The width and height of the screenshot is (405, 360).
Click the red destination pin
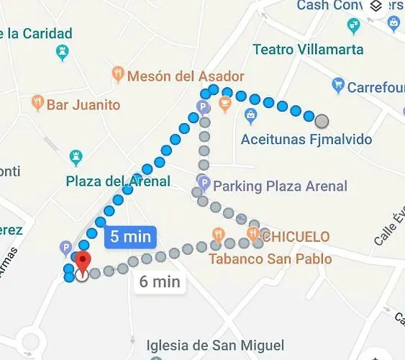click(x=83, y=263)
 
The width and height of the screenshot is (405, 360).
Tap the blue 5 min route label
click(x=130, y=237)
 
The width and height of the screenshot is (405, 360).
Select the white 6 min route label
click(x=159, y=282)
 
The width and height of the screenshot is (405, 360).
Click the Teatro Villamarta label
click(x=308, y=50)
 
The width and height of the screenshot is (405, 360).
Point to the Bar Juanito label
click(x=83, y=105)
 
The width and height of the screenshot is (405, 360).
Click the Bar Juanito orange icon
click(x=38, y=104)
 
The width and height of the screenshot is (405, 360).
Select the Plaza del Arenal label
click(x=118, y=181)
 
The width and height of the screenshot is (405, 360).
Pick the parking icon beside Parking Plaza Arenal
click(x=204, y=184)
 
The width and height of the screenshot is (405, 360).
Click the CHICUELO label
click(x=295, y=236)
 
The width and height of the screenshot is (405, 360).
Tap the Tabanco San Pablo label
click(x=270, y=258)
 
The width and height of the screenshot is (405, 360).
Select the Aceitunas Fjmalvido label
click(x=306, y=139)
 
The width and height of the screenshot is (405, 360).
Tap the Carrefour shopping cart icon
click(x=337, y=87)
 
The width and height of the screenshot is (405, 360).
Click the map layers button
click(x=376, y=6)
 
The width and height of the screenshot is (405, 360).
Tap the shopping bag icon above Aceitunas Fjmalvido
click(x=250, y=114)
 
